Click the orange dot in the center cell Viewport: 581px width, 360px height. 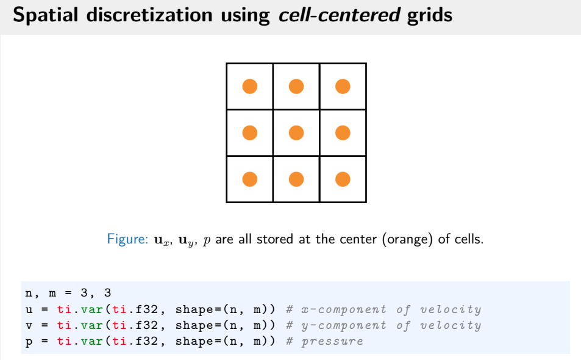pos(296,132)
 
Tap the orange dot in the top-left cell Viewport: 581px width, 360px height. pos(249,86)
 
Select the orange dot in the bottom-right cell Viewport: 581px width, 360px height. pos(343,179)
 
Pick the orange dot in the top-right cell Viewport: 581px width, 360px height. pos(343,86)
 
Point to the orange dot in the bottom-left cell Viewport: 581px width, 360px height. pos(249,179)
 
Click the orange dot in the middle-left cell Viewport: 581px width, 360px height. pos(249,132)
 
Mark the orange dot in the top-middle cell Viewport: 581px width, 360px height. pos(296,86)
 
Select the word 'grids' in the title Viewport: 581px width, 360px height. pos(430,15)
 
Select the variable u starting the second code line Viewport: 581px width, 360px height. pos(29,309)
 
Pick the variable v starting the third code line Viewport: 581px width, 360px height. pos(29,325)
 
